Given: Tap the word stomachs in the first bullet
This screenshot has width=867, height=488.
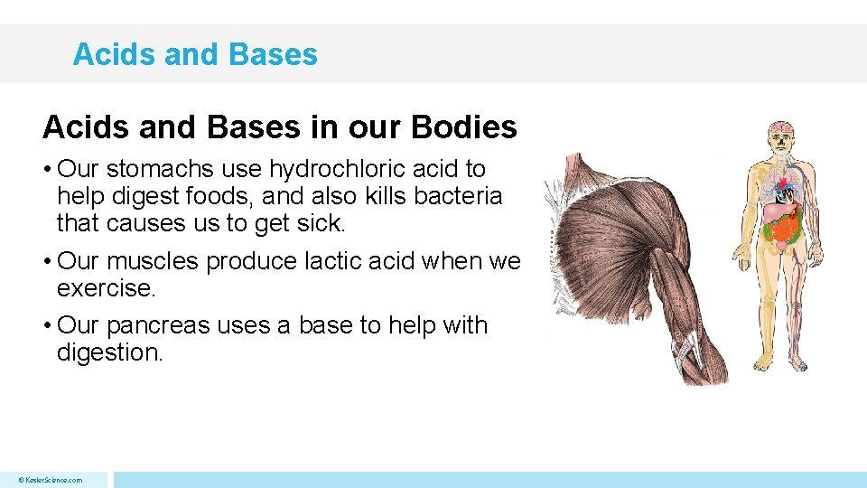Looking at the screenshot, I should (161, 169).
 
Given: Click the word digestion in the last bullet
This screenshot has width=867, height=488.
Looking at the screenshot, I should (109, 352).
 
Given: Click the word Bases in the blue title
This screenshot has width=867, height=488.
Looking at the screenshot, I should (273, 54).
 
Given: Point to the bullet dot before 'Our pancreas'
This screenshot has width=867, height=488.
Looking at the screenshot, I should (47, 325).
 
